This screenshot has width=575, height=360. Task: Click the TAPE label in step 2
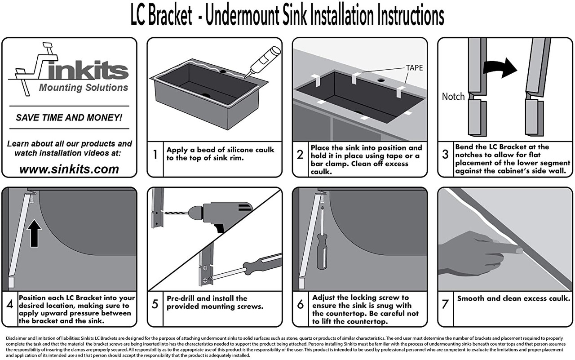pyautogui.click(x=414, y=68)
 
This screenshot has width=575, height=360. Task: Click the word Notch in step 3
pyautogui.click(x=453, y=97)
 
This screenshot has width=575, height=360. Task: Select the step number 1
pyautogui.click(x=155, y=155)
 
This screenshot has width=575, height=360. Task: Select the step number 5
pyautogui.click(x=155, y=304)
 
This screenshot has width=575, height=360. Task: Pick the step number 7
pyautogui.click(x=445, y=304)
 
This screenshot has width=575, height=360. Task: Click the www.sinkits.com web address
pyautogui.click(x=69, y=169)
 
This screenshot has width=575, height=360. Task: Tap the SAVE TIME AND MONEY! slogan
pyautogui.click(x=69, y=118)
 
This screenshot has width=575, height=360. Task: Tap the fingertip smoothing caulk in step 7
pyautogui.click(x=518, y=250)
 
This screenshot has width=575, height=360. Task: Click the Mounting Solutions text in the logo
pyautogui.click(x=84, y=88)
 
